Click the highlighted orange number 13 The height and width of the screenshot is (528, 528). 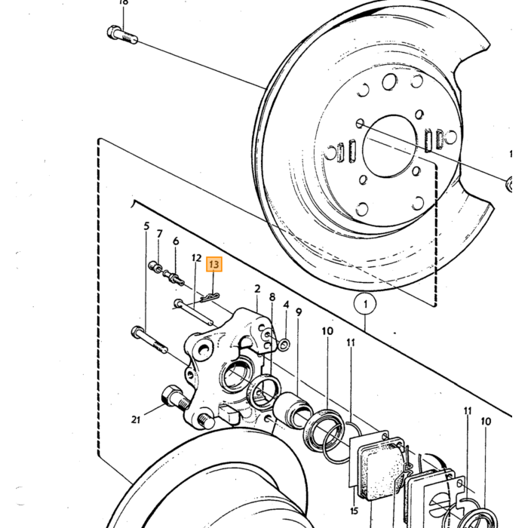point(214,264)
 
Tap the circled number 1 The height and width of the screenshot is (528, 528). point(365,304)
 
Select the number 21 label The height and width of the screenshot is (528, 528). point(136,419)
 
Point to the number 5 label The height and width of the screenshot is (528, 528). point(146,226)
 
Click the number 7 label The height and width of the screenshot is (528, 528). point(160,233)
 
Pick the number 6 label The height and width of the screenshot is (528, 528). point(176,241)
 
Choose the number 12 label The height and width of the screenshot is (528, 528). point(196,258)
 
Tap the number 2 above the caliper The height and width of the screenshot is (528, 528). point(258,289)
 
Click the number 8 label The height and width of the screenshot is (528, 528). point(272,297)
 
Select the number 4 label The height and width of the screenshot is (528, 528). point(286,305)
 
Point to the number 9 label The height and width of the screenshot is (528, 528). point(299,312)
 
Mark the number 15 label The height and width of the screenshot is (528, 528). point(354,511)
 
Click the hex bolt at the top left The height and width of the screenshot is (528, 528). point(122,35)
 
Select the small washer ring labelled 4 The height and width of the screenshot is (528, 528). point(284,345)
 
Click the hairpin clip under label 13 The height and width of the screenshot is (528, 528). point(210,296)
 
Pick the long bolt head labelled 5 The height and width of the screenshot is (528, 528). point(137,332)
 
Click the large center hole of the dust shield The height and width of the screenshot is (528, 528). point(390,146)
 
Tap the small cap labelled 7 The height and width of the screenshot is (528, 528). point(154,266)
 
